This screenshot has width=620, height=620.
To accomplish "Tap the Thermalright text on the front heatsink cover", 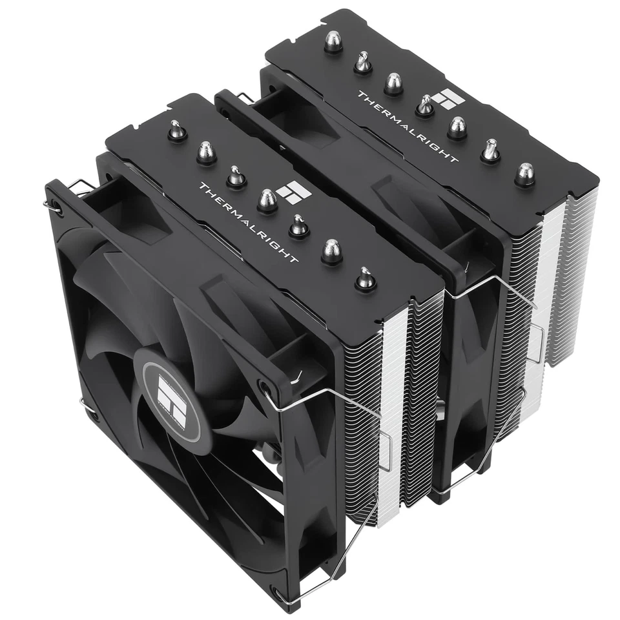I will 249,223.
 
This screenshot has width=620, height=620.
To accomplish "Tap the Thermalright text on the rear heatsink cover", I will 408,126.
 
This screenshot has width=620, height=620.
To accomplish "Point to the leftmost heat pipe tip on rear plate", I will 333,43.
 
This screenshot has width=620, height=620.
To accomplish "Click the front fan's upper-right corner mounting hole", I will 265,388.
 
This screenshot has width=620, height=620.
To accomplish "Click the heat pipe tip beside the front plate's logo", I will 267,201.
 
